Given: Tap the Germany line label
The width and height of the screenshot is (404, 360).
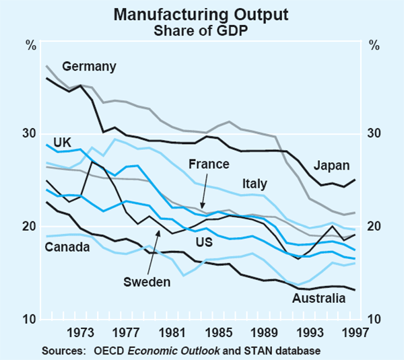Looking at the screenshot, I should click(90, 66).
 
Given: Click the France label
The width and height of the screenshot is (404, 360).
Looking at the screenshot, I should click(209, 164).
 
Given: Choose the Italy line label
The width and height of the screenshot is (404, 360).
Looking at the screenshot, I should click(255, 184).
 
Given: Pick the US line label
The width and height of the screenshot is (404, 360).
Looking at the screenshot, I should click(203, 239).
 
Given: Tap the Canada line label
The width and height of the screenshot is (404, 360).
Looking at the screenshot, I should click(67, 247).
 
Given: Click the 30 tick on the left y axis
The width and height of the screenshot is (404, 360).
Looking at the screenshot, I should click(30, 133).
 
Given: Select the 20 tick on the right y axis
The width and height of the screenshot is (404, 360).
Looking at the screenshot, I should click(374, 226).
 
